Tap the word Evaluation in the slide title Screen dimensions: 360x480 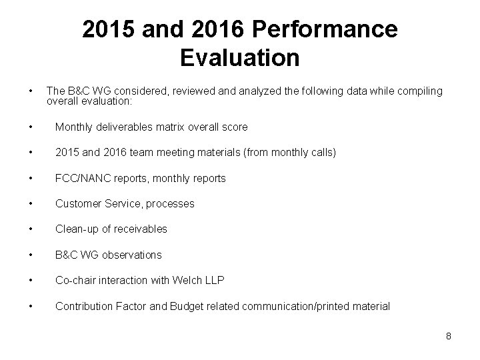240,58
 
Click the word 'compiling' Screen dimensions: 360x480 420,91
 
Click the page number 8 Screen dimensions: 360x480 449,336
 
